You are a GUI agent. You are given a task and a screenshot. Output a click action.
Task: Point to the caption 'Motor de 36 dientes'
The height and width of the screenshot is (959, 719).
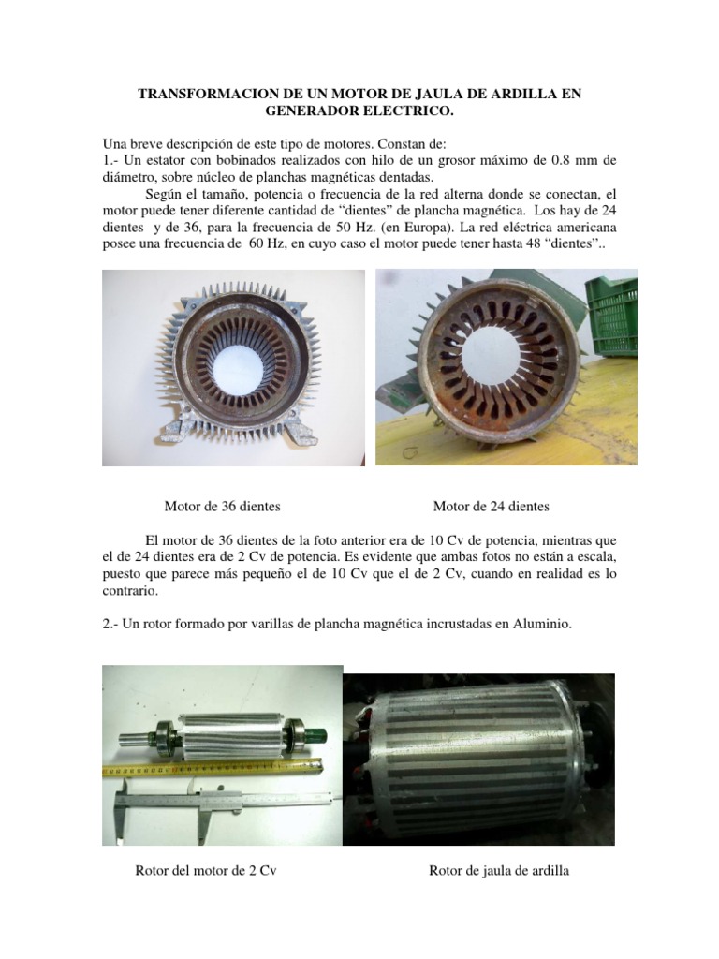pyautogui.click(x=223, y=507)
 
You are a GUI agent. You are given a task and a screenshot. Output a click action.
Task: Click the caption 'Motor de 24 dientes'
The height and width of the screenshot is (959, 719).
pyautogui.click(x=492, y=507)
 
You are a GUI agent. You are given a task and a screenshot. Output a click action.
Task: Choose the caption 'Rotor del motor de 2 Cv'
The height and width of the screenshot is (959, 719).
pyautogui.click(x=207, y=871)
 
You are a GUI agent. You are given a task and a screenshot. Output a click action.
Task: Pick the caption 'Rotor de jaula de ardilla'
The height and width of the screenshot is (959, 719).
pyautogui.click(x=499, y=871)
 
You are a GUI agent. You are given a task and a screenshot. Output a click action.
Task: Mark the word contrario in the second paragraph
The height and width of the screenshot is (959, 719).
pyautogui.click(x=130, y=593)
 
